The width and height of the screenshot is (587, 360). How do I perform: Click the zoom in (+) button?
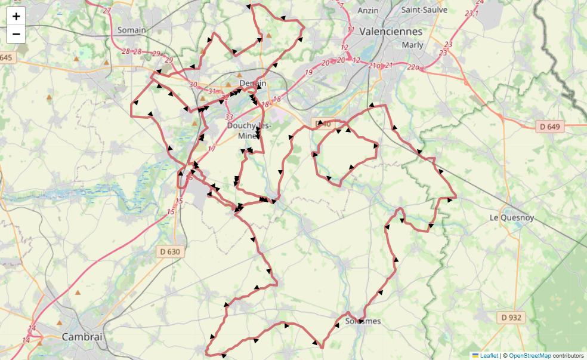16,16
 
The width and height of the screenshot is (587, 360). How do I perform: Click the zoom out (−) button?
16,34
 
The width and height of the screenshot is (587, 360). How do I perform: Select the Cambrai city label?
82,337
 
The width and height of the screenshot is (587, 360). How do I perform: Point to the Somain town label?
131,30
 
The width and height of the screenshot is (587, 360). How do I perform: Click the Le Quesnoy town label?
511,217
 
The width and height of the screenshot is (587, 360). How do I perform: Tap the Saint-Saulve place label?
424,10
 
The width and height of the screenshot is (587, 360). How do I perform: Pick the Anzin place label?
368,10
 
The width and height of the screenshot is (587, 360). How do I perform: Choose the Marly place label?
413,45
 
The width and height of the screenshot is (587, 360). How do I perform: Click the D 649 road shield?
549,127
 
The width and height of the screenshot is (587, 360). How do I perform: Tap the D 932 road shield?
511,318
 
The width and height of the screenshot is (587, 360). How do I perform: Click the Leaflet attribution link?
489,355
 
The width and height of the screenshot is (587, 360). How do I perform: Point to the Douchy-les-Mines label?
249,130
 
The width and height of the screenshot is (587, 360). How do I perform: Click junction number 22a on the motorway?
414,68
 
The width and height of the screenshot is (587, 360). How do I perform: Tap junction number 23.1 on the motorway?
471,13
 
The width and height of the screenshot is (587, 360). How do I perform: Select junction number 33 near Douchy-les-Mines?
230,117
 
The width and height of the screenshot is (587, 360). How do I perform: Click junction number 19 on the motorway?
308,73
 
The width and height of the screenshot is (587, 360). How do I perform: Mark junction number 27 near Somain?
107,11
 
